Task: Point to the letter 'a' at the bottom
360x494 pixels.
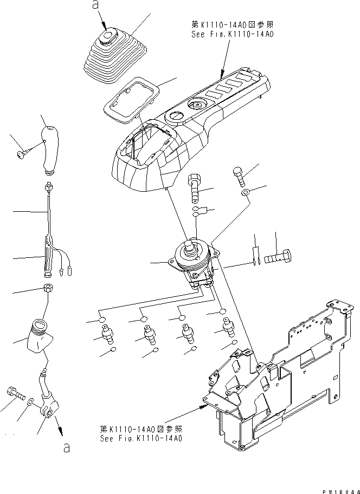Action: point(66,447)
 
